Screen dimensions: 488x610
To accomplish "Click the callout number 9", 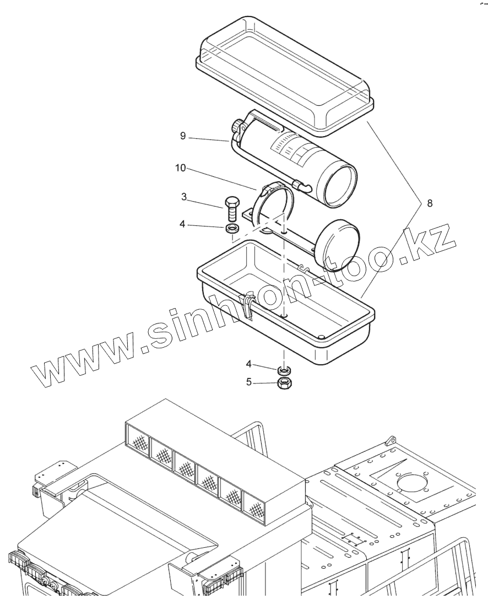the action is point(182,136).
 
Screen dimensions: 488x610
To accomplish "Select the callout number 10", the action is point(180,168).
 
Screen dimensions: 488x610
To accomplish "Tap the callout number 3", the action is point(183,197).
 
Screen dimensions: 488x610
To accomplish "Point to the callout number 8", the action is point(430,203).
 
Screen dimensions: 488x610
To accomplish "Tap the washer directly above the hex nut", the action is point(285,369).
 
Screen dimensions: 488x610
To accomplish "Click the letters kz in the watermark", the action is point(435,241).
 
